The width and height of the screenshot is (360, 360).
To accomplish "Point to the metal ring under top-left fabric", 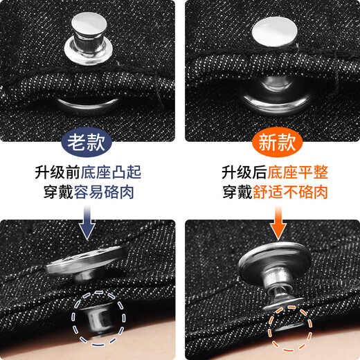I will click(88, 104).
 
